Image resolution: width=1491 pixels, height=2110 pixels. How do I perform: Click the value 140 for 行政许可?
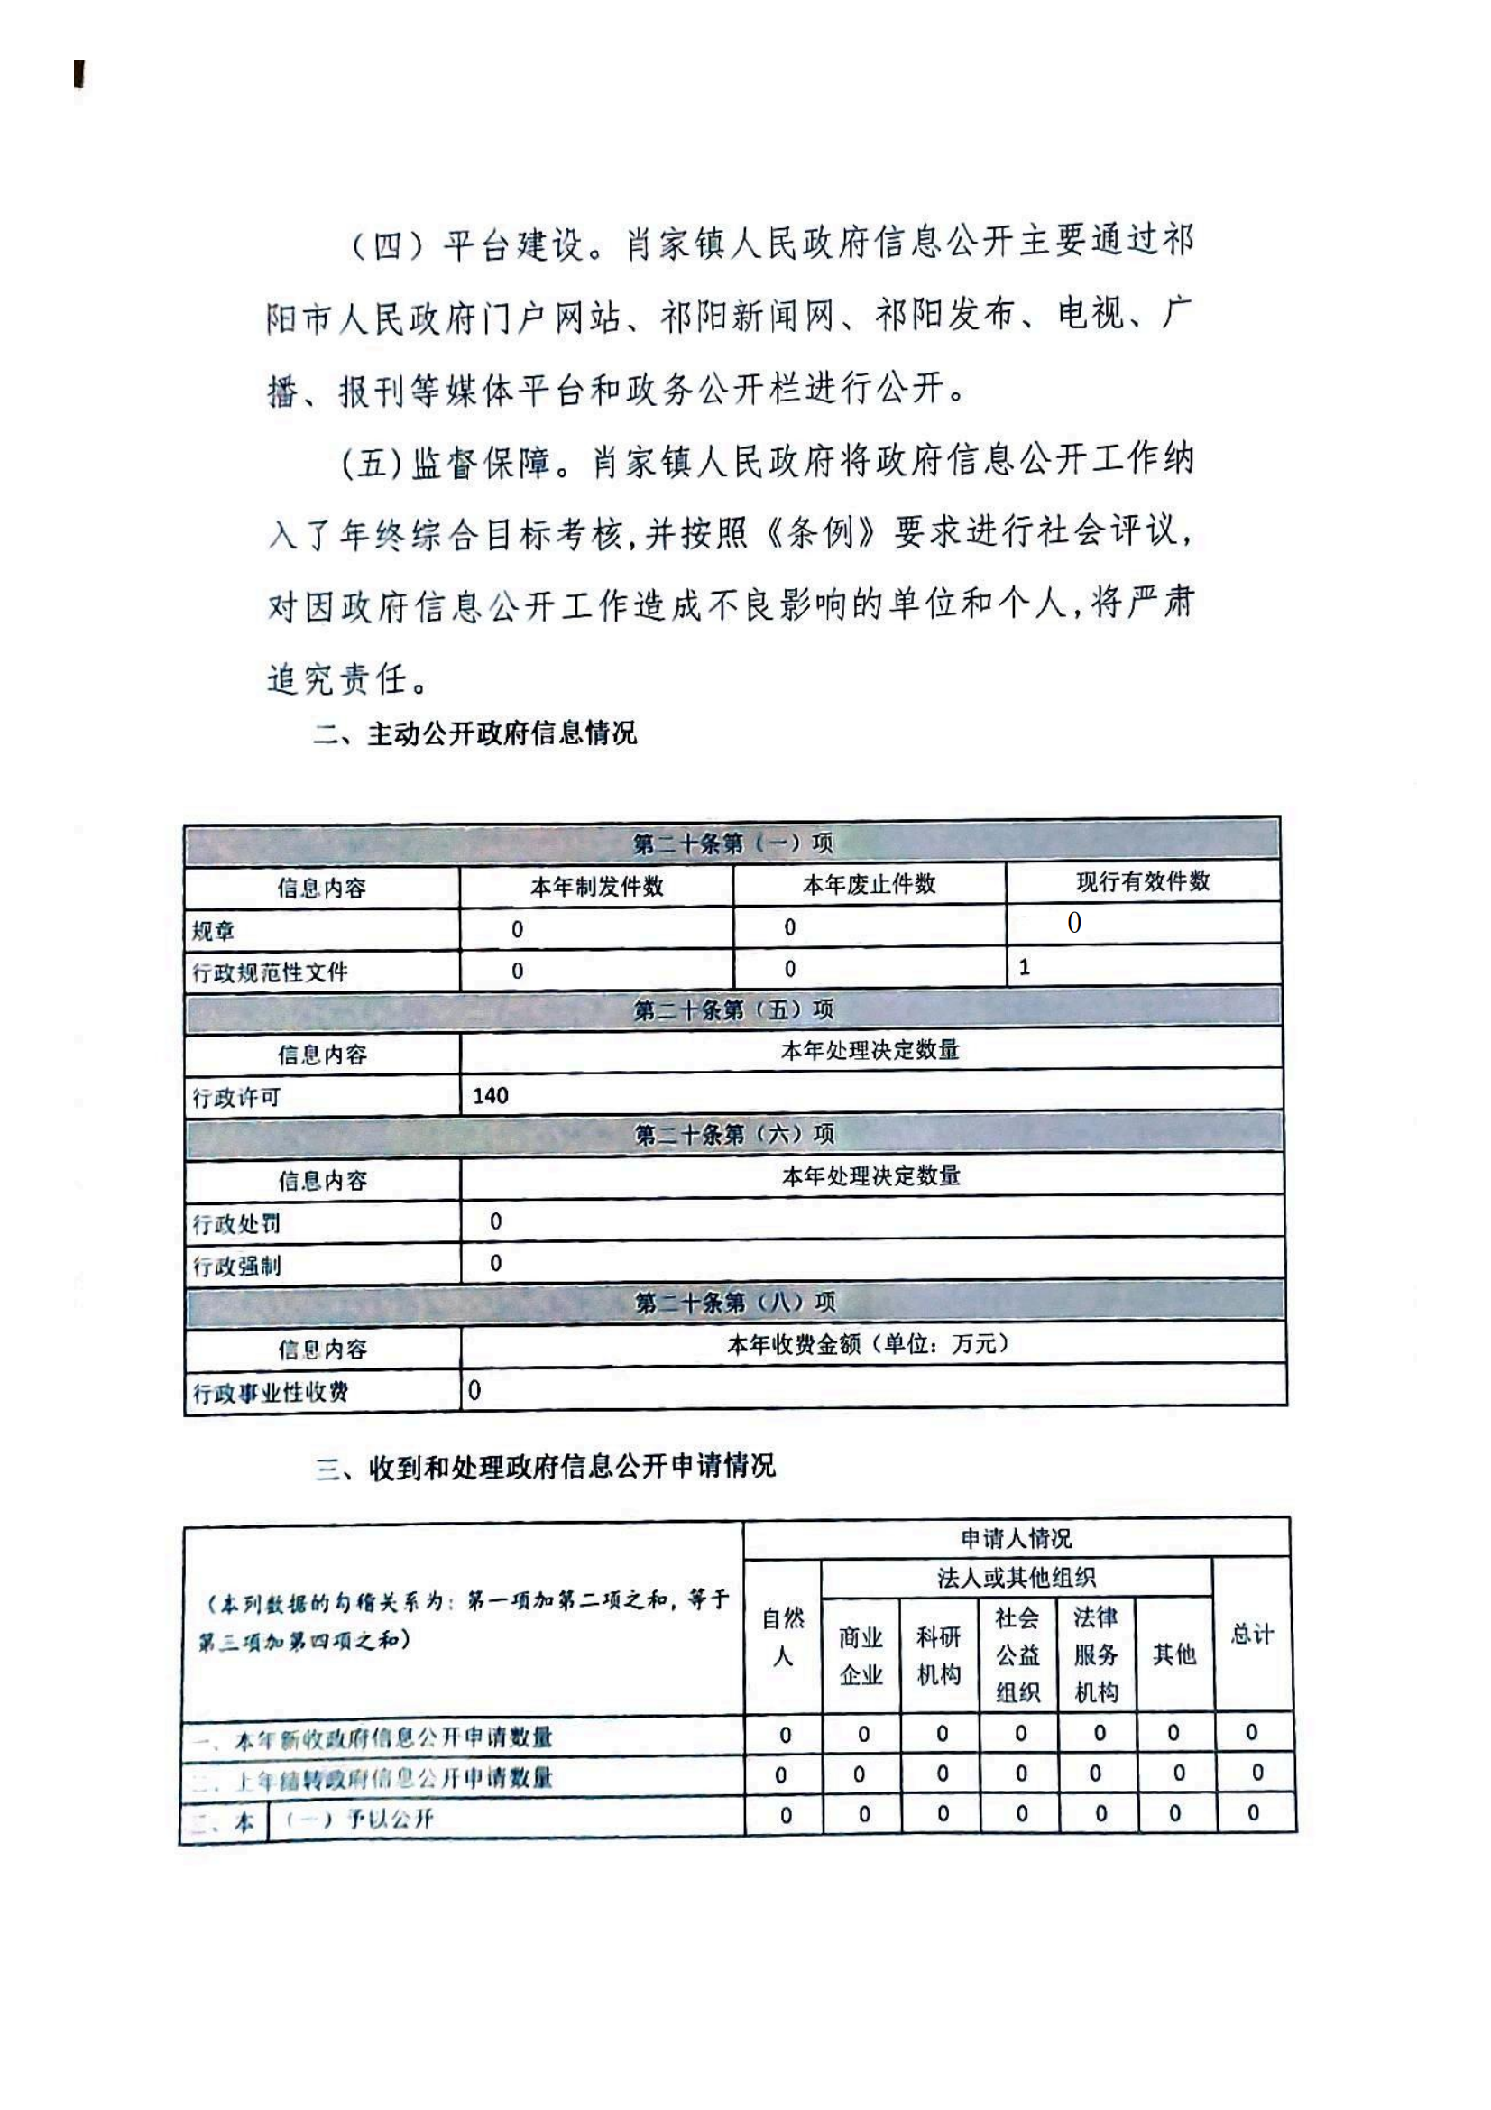491,1095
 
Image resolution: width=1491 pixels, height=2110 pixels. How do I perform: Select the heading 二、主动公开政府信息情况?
474,733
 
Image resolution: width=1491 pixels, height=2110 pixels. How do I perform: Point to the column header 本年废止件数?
869,884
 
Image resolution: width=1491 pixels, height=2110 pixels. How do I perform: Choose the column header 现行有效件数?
1143,881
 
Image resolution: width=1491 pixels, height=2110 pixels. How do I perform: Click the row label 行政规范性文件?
270,972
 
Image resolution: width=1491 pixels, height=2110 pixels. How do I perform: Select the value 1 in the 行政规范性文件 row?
1025,967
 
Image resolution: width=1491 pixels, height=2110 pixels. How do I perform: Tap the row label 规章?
213,931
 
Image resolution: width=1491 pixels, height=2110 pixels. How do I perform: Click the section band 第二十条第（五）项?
733,1010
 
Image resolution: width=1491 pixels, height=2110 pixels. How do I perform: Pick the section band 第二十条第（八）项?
735,1303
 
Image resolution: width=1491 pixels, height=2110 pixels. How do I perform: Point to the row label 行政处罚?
236,1224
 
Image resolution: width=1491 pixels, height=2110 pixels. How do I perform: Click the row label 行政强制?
236,1267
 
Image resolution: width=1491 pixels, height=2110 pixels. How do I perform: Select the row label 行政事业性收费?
270,1392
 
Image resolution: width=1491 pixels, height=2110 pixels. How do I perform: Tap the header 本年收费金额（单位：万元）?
868,1344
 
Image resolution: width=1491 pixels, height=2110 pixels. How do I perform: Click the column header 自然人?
783,1636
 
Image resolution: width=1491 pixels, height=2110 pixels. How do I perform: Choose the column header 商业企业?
861,1655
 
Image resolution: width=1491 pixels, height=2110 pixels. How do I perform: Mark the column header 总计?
1251,1634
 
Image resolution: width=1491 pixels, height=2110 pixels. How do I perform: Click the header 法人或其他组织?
1016,1578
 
